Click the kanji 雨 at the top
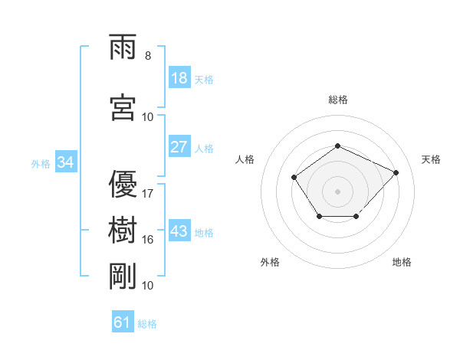click(123, 47)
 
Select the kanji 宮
click(123, 107)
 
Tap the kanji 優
click(123, 184)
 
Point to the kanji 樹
click(123, 230)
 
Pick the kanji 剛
click(123, 276)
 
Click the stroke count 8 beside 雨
click(148, 56)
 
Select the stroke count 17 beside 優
click(147, 194)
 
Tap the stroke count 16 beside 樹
click(147, 240)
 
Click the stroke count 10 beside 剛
click(147, 285)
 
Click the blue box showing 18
click(179, 77)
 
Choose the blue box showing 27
click(179, 146)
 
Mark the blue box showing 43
click(179, 230)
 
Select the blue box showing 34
click(66, 162)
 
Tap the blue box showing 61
click(123, 321)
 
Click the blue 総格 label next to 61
click(147, 324)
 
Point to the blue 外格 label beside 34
click(41, 164)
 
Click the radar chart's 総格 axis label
click(338, 100)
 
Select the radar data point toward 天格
click(396, 172)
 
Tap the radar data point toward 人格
click(294, 177)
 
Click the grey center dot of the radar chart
click(337, 191)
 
